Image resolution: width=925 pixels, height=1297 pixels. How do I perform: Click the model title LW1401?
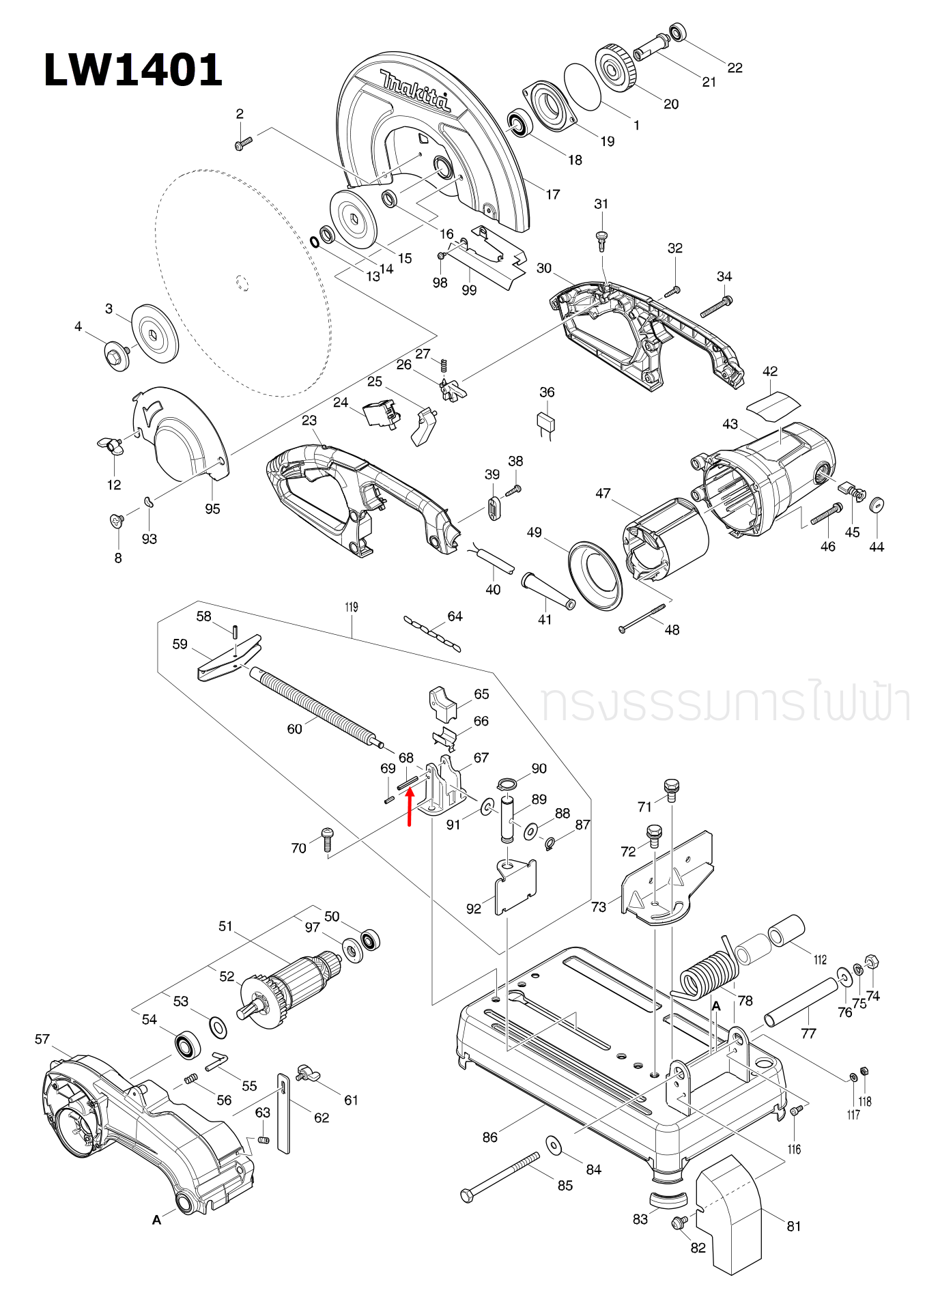133,70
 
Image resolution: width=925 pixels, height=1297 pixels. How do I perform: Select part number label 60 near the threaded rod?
294,729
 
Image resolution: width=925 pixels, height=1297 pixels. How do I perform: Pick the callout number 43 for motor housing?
730,424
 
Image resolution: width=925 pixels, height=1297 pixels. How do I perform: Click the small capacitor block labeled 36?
547,423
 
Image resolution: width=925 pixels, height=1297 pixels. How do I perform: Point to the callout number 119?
351,607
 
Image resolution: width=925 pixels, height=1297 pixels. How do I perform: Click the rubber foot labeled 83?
667,1199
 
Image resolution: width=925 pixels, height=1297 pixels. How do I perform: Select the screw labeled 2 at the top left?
242,143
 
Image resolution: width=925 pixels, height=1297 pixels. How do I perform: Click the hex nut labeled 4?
117,356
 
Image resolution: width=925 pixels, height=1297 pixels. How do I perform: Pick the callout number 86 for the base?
489,1137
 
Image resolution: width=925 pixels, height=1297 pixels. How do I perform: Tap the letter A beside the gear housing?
157,1220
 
